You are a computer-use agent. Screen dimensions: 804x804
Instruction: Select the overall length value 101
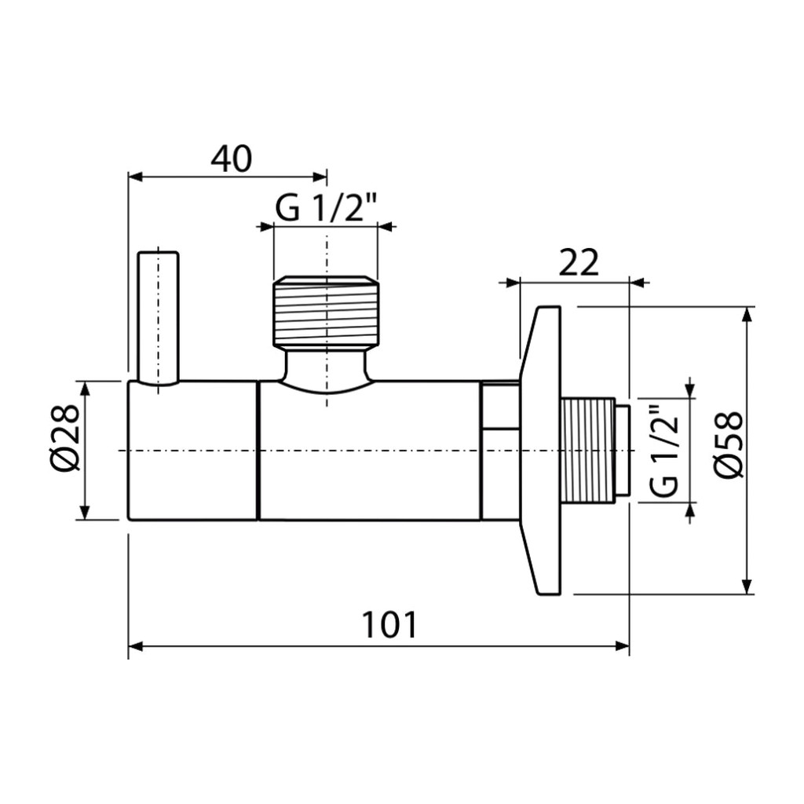389,624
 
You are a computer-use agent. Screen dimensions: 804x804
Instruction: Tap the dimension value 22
579,265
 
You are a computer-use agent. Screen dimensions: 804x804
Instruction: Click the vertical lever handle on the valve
159,318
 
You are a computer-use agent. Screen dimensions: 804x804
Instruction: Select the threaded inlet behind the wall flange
589,450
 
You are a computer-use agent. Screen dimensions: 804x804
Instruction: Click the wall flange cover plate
540,451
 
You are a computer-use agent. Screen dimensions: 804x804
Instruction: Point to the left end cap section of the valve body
193,451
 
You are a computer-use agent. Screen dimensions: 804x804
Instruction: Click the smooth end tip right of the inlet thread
623,450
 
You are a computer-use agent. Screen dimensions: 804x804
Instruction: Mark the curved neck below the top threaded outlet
326,369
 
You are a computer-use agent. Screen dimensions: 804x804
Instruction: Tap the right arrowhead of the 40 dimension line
320,177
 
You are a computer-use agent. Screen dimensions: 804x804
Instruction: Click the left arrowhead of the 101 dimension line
135,646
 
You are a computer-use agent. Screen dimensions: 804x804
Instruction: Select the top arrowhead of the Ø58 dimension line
748,314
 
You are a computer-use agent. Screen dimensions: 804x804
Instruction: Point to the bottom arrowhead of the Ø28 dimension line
86,513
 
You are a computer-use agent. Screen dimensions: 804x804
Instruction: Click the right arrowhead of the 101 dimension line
622,646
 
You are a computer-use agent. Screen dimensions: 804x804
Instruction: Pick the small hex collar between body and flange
500,451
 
